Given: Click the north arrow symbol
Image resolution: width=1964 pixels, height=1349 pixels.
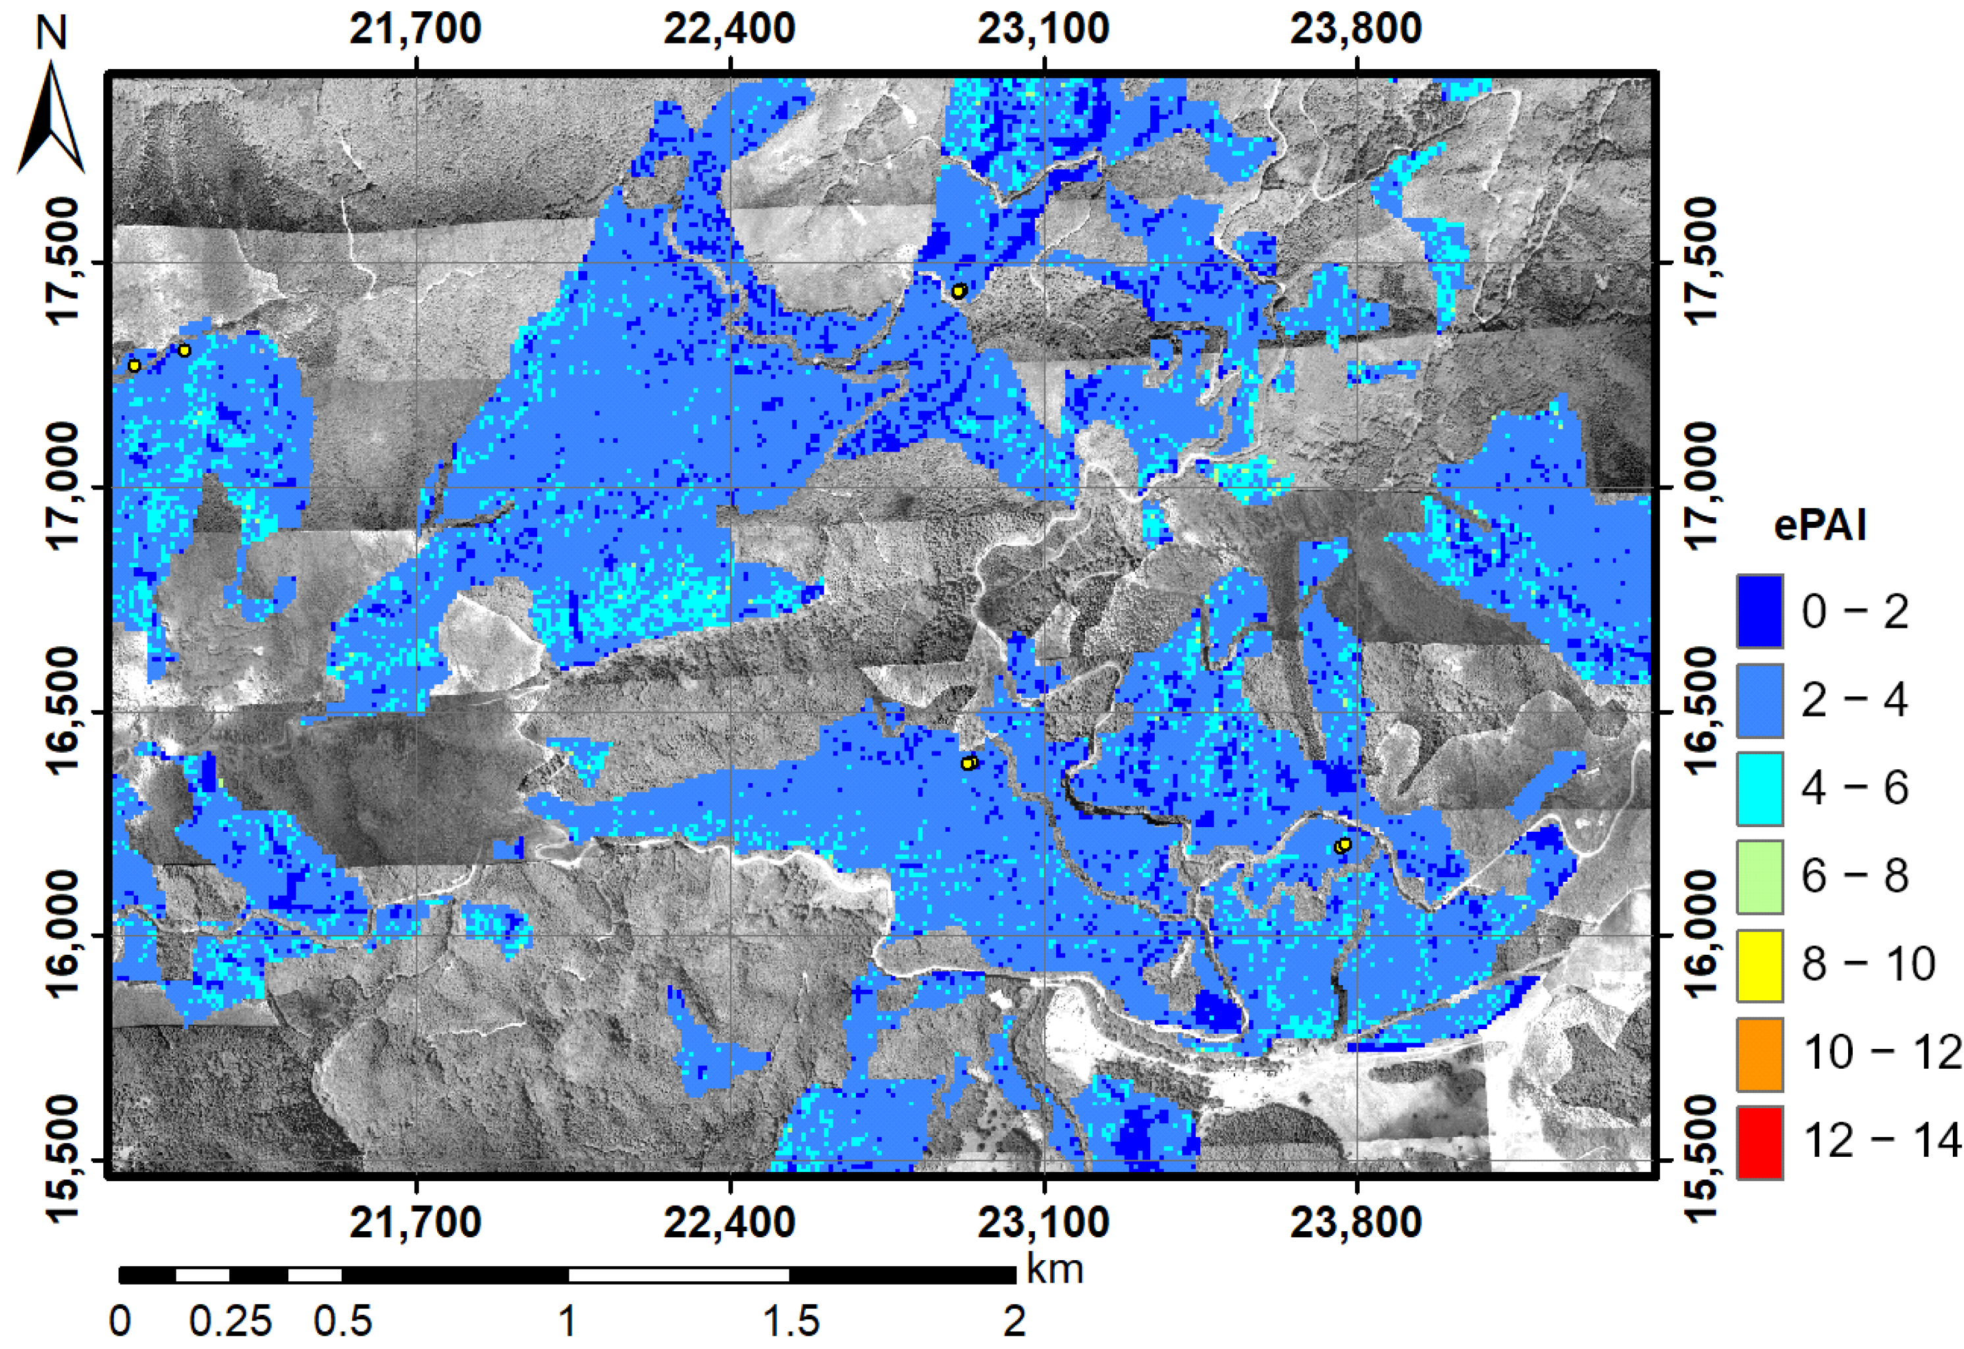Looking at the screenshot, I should click(x=51, y=118).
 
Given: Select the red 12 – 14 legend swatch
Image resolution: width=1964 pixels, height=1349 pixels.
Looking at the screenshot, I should click(x=1759, y=1142).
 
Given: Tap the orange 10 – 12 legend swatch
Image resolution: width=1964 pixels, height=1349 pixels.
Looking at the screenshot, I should click(x=1759, y=1054).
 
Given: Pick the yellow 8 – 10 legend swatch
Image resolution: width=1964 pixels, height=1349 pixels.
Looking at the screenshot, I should click(x=1759, y=965).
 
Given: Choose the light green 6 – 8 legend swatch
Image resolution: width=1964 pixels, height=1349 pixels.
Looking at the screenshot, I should click(x=1759, y=877).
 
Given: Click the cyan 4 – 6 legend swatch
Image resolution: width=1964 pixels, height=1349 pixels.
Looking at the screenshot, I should click(x=1759, y=788).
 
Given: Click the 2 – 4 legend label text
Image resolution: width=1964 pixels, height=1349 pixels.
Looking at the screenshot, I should click(x=1854, y=700).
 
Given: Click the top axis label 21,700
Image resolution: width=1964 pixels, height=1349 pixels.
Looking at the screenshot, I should click(x=415, y=29).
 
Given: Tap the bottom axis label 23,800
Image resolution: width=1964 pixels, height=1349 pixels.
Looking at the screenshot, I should click(x=1355, y=1222).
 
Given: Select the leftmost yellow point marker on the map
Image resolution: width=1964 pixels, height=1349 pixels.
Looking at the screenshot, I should click(x=134, y=366).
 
